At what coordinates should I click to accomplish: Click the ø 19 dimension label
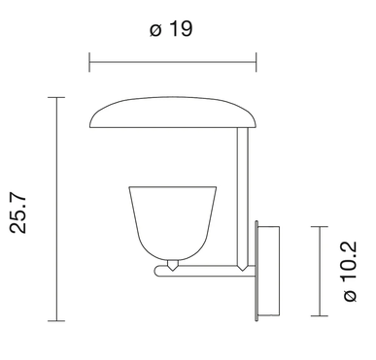171,28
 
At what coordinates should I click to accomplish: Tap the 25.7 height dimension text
17,213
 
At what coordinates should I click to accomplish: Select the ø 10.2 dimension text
350,272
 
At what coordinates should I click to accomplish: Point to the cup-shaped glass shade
173,223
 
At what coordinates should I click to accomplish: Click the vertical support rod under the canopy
243,197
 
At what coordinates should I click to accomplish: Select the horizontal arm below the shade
206,272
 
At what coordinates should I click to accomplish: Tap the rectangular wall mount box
268,271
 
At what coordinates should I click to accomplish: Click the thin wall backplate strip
256,271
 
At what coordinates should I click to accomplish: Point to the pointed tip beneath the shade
173,270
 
